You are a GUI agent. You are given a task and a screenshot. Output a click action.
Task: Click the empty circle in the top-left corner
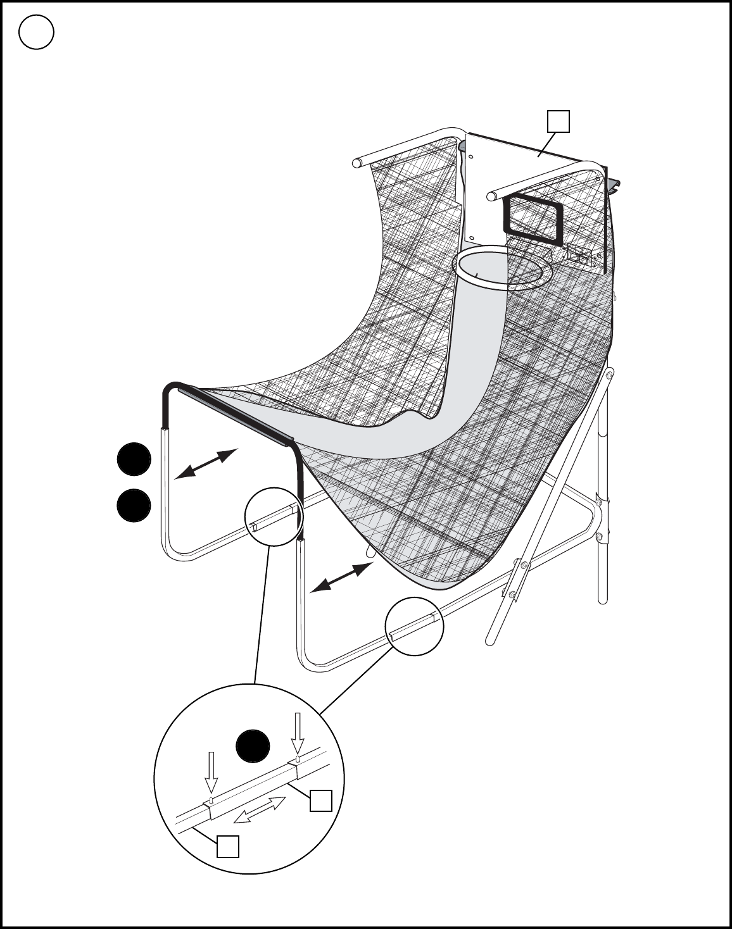click(x=36, y=32)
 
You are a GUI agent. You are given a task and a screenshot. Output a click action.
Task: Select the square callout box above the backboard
click(x=558, y=122)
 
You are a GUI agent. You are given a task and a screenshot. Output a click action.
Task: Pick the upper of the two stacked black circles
click(x=134, y=460)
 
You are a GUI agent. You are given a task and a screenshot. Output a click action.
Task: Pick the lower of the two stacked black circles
click(x=134, y=506)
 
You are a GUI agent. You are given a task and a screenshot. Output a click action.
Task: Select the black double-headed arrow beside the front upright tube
click(x=341, y=577)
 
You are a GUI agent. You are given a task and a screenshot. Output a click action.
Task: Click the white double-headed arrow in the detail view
click(x=260, y=810)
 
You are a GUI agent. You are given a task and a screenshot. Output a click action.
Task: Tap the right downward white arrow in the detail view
click(x=298, y=733)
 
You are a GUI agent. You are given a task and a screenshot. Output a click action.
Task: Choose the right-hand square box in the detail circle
click(x=320, y=800)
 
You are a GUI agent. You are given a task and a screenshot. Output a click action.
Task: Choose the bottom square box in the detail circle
click(x=228, y=846)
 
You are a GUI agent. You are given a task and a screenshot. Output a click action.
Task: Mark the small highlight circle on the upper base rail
click(x=274, y=516)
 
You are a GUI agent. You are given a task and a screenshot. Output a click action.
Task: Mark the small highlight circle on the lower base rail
click(x=415, y=626)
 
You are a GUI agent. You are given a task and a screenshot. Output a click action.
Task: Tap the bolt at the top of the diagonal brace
click(x=609, y=376)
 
